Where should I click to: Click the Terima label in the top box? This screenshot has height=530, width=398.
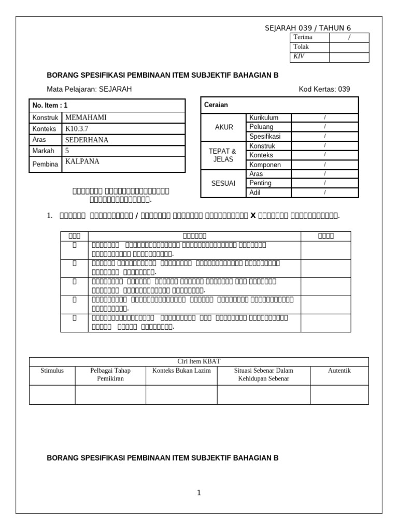point(303,37)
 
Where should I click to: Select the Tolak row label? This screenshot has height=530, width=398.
point(301,47)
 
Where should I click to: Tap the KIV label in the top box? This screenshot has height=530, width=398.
point(299,56)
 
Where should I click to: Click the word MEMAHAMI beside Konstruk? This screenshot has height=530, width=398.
point(86,117)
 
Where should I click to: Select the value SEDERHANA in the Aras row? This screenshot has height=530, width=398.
point(87,140)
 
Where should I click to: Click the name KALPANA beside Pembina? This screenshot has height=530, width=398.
point(82,161)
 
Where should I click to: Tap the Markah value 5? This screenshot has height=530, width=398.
point(67,151)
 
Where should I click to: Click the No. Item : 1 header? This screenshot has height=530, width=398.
point(50,105)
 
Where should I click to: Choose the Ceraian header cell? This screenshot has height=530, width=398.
point(216,105)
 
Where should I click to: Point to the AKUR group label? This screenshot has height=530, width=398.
point(224,127)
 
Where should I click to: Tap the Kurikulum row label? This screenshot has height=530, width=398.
point(264,118)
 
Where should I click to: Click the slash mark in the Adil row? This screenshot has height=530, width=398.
point(324,193)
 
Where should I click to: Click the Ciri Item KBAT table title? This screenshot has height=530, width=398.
point(199,361)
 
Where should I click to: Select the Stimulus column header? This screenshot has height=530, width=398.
point(52,371)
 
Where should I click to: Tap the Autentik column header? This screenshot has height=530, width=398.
point(339,371)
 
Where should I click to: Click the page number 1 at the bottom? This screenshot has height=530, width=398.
point(198,493)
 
